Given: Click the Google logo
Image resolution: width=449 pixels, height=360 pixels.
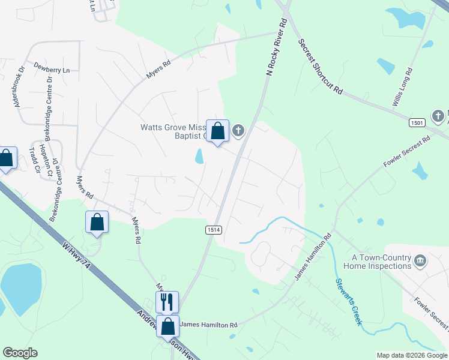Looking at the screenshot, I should click(x=20, y=353).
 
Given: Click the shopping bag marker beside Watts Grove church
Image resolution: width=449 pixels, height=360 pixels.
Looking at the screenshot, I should click(x=217, y=130).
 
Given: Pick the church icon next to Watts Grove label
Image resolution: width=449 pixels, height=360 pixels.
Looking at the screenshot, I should click(x=238, y=130).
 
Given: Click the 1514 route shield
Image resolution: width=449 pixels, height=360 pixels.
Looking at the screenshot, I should click(x=213, y=230).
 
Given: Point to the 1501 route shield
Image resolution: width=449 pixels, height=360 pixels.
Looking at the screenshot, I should click(x=417, y=122).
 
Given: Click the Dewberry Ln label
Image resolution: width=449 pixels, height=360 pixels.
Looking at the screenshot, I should click(x=52, y=70).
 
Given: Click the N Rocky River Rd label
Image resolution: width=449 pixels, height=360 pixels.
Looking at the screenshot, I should click(x=277, y=47).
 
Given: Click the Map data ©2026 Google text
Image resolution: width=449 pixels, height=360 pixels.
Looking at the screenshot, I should click(x=412, y=355).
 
